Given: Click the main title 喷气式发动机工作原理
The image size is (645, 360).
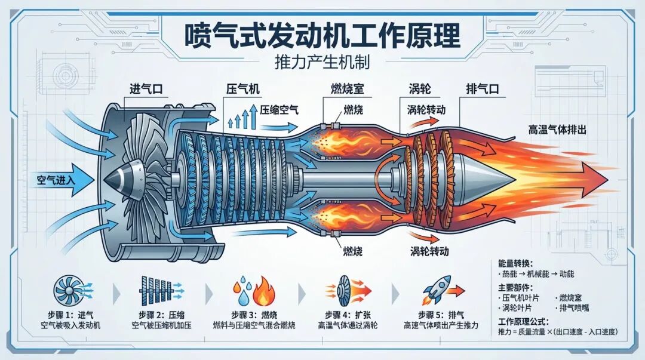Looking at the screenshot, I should tap(322, 35).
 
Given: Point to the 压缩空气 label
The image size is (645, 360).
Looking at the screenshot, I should tap(279, 109).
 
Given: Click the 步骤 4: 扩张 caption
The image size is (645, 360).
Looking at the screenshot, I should tap(345, 315).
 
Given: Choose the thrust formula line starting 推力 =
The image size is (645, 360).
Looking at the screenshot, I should tap(557, 333).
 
